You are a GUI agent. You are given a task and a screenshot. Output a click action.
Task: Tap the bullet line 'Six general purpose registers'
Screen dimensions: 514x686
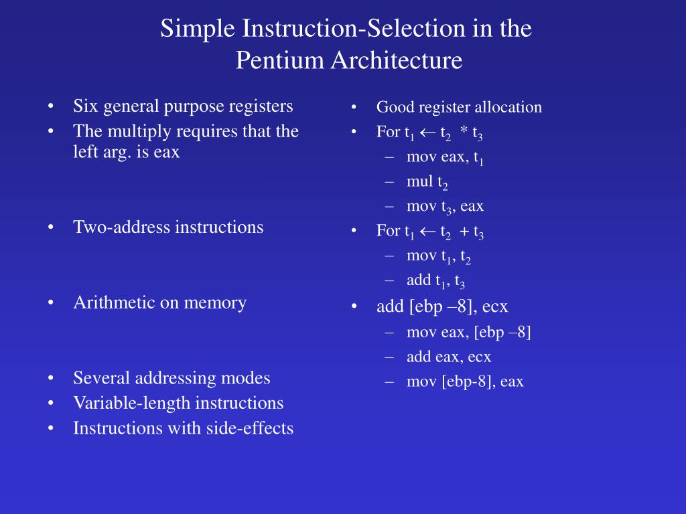click(183, 106)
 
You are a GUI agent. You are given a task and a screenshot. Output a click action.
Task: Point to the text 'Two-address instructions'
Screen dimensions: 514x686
click(168, 227)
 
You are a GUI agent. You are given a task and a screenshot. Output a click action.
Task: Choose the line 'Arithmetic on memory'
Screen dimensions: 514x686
click(159, 303)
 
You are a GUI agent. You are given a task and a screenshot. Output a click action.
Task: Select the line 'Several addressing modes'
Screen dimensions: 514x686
click(171, 378)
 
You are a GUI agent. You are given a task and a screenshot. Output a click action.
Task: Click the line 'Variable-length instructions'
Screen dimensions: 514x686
click(178, 403)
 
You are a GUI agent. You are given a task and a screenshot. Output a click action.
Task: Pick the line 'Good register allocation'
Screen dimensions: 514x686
click(459, 107)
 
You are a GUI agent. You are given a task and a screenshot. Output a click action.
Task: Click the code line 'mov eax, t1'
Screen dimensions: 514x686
click(445, 157)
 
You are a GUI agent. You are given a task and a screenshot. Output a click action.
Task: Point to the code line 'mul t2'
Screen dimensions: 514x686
click(427, 182)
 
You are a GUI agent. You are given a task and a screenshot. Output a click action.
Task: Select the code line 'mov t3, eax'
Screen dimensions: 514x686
click(445, 207)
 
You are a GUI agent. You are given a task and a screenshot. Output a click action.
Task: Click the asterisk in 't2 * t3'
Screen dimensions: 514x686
click(464, 132)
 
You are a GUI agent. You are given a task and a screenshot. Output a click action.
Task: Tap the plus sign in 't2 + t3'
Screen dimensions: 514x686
click(464, 232)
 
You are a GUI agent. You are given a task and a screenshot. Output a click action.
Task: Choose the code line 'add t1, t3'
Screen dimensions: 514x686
click(435, 282)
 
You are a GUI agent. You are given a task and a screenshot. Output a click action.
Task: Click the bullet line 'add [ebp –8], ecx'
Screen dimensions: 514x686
click(442, 307)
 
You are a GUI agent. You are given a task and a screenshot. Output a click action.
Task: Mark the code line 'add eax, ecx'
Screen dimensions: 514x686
click(448, 357)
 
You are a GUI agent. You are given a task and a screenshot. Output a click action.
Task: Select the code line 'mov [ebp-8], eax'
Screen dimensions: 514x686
click(465, 381)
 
